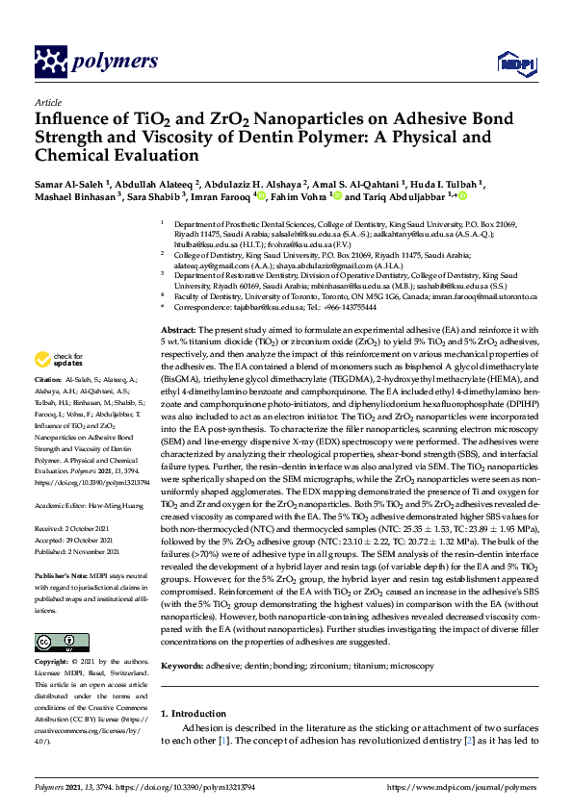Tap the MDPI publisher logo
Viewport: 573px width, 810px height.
[x=515, y=63]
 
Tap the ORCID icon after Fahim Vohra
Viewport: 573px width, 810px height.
[x=335, y=195]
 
